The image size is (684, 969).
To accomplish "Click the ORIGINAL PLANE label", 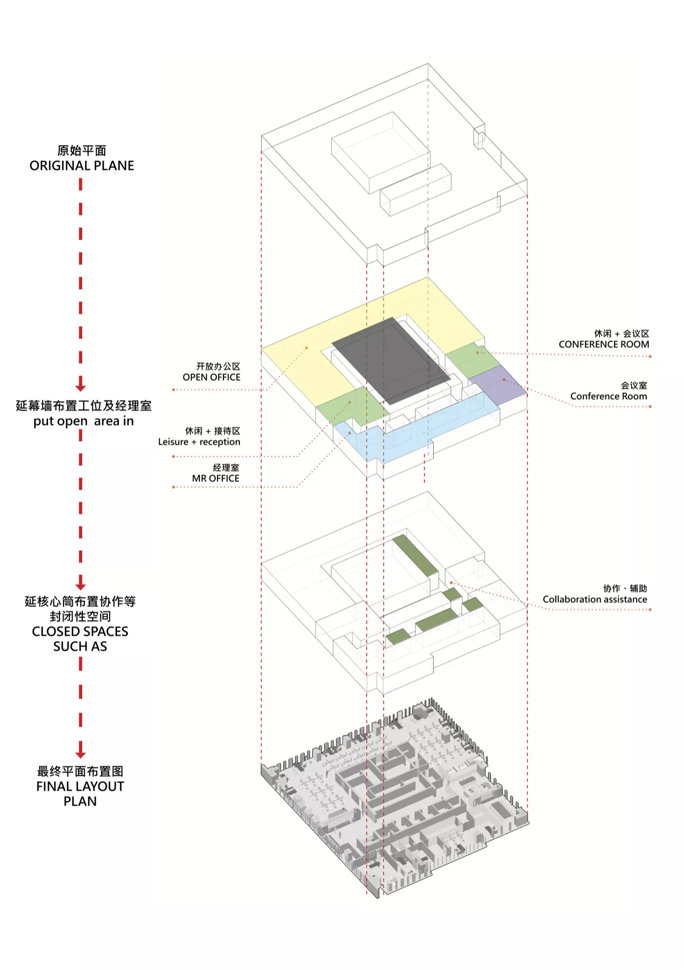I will click(82, 166).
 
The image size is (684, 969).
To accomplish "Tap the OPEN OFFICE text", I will click(212, 378).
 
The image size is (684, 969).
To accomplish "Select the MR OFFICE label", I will click(215, 479).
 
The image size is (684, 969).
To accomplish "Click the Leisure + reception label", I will click(199, 442).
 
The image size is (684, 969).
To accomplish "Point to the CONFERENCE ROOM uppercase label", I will click(604, 345).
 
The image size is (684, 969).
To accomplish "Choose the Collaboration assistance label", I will click(595, 599).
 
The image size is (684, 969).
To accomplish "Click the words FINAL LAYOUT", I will click(80, 787).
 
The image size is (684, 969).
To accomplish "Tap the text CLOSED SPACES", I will click(80, 632).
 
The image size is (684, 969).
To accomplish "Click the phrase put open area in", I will click(83, 421).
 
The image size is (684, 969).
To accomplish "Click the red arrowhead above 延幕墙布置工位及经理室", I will click(81, 386).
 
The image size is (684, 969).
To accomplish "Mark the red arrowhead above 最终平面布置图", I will click(81, 753).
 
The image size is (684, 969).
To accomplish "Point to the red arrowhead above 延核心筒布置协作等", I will click(81, 585).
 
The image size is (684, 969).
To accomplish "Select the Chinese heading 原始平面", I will click(82, 151).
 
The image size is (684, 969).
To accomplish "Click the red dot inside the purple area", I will click(504, 380).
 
